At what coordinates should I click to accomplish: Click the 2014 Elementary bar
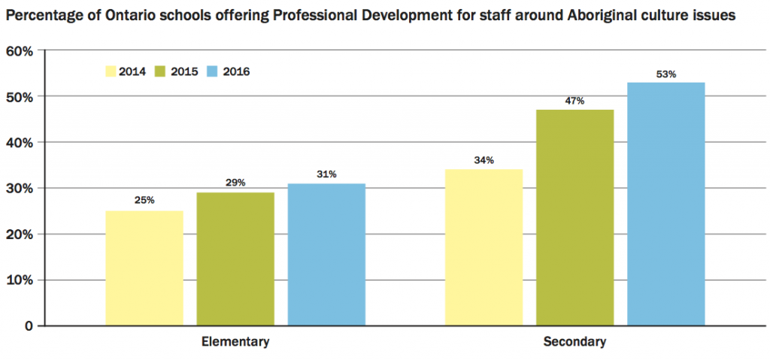pyautogui.click(x=144, y=268)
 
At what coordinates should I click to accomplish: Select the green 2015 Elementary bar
pyautogui.click(x=235, y=259)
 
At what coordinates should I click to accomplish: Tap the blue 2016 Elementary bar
pyautogui.click(x=326, y=255)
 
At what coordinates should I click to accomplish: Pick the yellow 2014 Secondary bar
pyautogui.click(x=484, y=247)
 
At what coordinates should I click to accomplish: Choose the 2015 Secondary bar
pyautogui.click(x=575, y=218)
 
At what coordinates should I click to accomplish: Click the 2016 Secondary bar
pyautogui.click(x=666, y=204)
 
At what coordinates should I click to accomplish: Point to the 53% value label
pyautogui.click(x=666, y=74)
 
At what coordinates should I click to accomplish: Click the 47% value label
pyautogui.click(x=575, y=101)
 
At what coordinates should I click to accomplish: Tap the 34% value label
pyautogui.click(x=484, y=160)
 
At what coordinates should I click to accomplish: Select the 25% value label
pyautogui.click(x=144, y=201)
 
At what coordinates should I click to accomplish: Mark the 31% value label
pyautogui.click(x=326, y=174)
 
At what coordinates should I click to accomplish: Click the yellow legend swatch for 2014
pyautogui.click(x=111, y=72)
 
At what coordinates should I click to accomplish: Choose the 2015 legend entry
pyautogui.click(x=176, y=72)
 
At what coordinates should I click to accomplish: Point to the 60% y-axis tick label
pyautogui.click(x=20, y=51)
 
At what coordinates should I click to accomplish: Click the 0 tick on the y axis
pyautogui.click(x=29, y=326)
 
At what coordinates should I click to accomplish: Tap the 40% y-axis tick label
pyautogui.click(x=20, y=143)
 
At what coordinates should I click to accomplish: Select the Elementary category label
pyautogui.click(x=235, y=342)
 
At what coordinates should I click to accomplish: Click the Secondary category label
pyautogui.click(x=574, y=342)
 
